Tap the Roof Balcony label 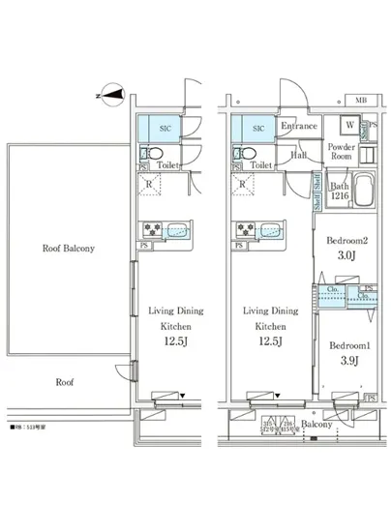click(x=69, y=249)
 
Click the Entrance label click(x=299, y=127)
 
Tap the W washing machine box click(x=347, y=126)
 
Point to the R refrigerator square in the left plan click(x=149, y=184)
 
